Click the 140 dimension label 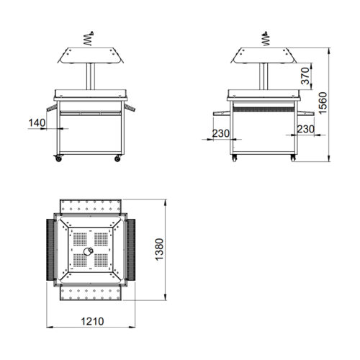[x=37, y=123]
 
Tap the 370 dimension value [x=305, y=76]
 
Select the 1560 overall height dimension [x=323, y=103]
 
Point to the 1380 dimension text [x=159, y=249]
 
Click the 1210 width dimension [x=92, y=321]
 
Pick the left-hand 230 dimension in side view [x=221, y=133]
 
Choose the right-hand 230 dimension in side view [x=306, y=130]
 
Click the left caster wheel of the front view [x=58, y=158]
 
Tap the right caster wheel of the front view [x=117, y=158]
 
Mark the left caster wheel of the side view [x=235, y=158]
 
